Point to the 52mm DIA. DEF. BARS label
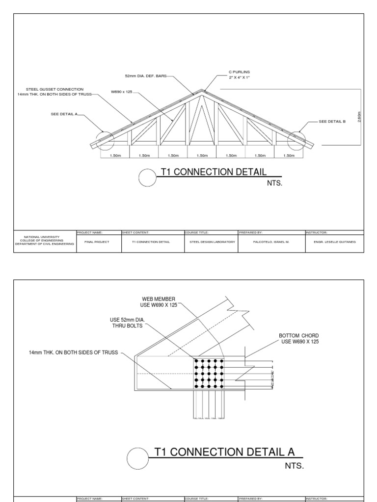click(146, 76)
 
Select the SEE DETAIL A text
click(64, 114)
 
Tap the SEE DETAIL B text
click(332, 122)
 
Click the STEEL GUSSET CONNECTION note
click(54, 91)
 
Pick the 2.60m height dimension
click(360, 117)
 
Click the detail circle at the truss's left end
click(105, 140)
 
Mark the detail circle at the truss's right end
click(296, 140)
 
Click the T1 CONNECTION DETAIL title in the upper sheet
click(214, 172)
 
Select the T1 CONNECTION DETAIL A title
click(224, 452)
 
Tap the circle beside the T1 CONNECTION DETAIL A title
click(137, 459)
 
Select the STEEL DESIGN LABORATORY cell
click(211, 242)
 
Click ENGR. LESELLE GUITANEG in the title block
click(334, 242)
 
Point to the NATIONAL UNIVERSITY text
click(45, 236)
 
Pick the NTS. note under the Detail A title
click(295, 465)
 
